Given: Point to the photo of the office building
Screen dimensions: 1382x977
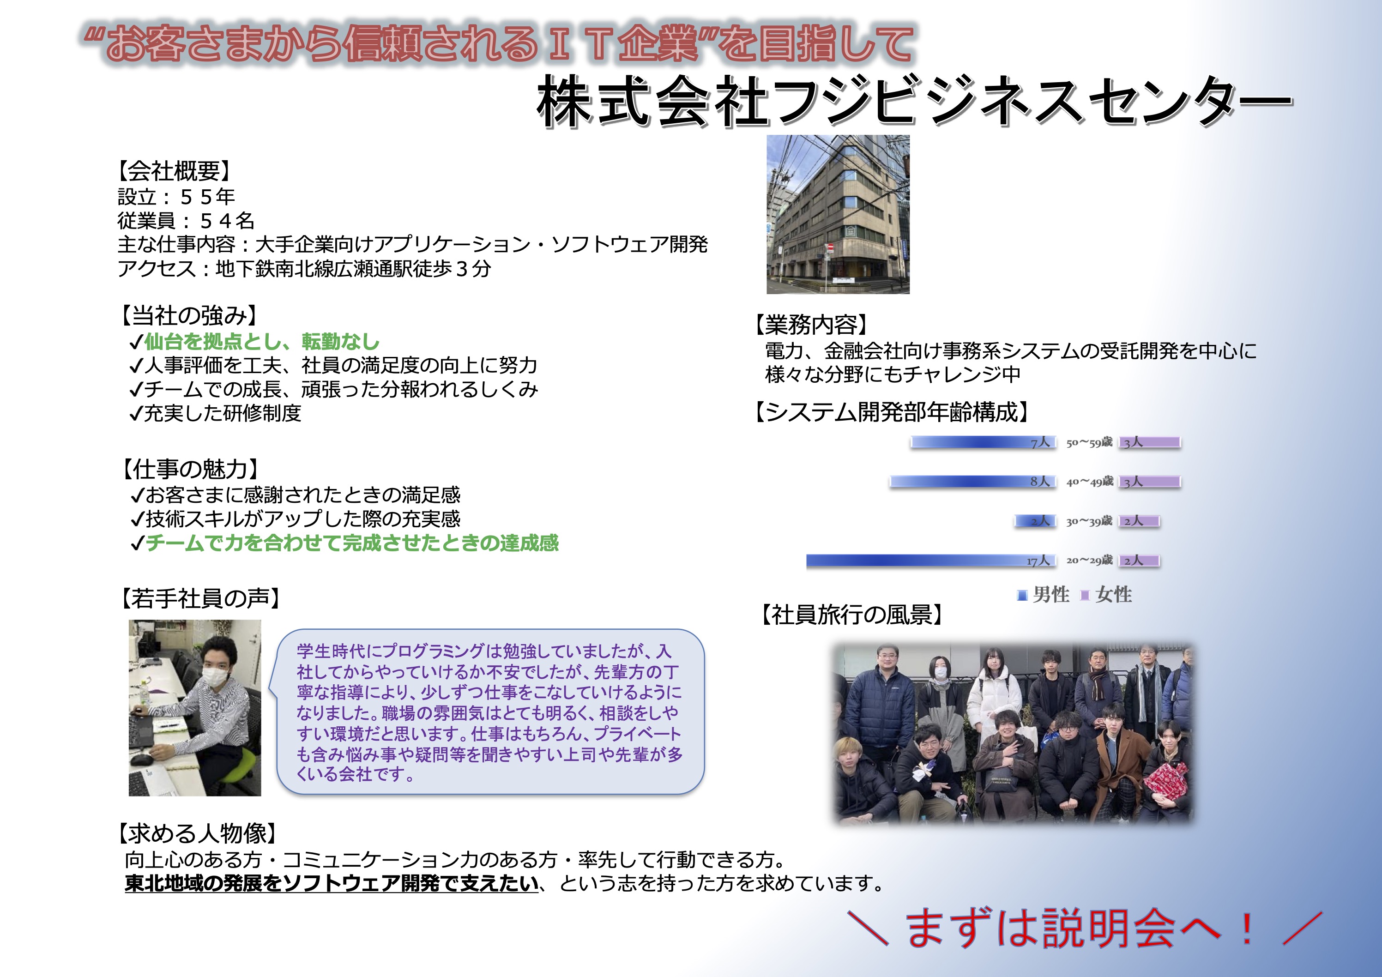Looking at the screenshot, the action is click(x=838, y=214).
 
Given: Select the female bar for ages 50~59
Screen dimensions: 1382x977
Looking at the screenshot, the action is click(x=1150, y=442).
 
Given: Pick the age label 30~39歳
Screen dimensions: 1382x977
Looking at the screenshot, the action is click(x=1089, y=521).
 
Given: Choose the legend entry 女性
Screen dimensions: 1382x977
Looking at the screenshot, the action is click(x=1107, y=595).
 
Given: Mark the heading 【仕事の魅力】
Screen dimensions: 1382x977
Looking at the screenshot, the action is click(x=190, y=469).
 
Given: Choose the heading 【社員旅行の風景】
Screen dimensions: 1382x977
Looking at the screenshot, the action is click(x=852, y=615).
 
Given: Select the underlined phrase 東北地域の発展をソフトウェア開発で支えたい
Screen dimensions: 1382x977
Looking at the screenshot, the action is click(x=332, y=883).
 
